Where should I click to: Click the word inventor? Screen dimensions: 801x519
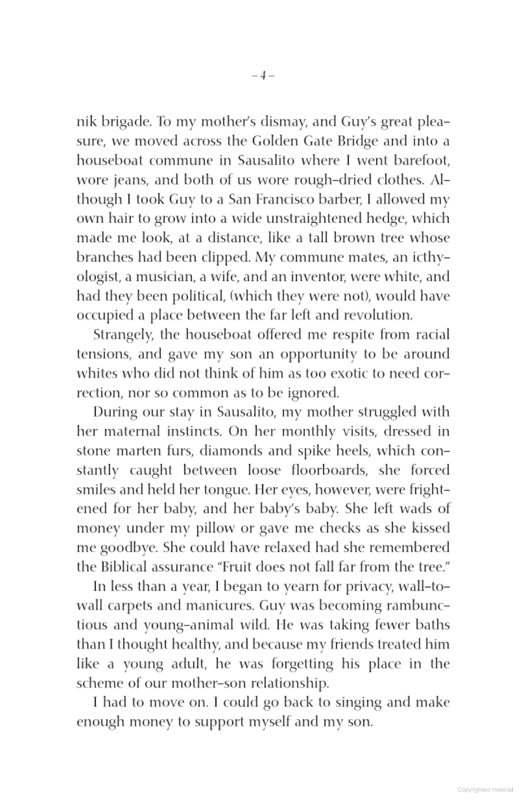pyautogui.click(x=321, y=277)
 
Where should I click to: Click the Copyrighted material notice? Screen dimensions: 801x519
pyautogui.click(x=484, y=790)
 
